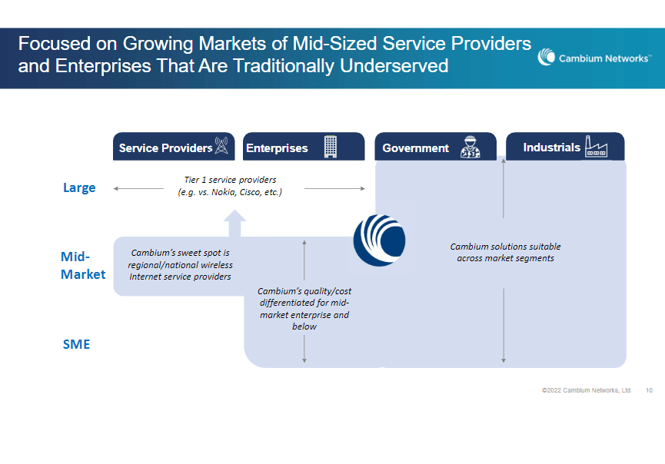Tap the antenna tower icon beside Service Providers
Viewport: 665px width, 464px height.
pos(221,146)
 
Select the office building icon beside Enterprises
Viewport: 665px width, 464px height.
pos(330,146)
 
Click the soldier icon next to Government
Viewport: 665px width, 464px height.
pos(470,147)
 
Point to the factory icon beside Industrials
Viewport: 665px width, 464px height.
pos(596,146)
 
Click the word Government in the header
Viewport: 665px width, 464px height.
pos(415,147)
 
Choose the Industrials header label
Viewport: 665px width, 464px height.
pos(551,147)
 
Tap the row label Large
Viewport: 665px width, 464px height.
pos(79,187)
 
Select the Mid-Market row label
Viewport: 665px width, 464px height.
pos(82,265)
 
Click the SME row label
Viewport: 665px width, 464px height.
pos(76,344)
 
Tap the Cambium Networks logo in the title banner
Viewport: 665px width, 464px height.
pos(594,58)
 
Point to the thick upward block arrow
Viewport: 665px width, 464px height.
pos(235,224)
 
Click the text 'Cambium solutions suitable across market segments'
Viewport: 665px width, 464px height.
pos(505,252)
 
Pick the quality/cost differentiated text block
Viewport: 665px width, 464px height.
pos(304,309)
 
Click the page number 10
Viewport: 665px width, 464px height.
pos(649,390)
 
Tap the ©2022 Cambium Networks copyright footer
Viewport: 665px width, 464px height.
pos(586,390)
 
